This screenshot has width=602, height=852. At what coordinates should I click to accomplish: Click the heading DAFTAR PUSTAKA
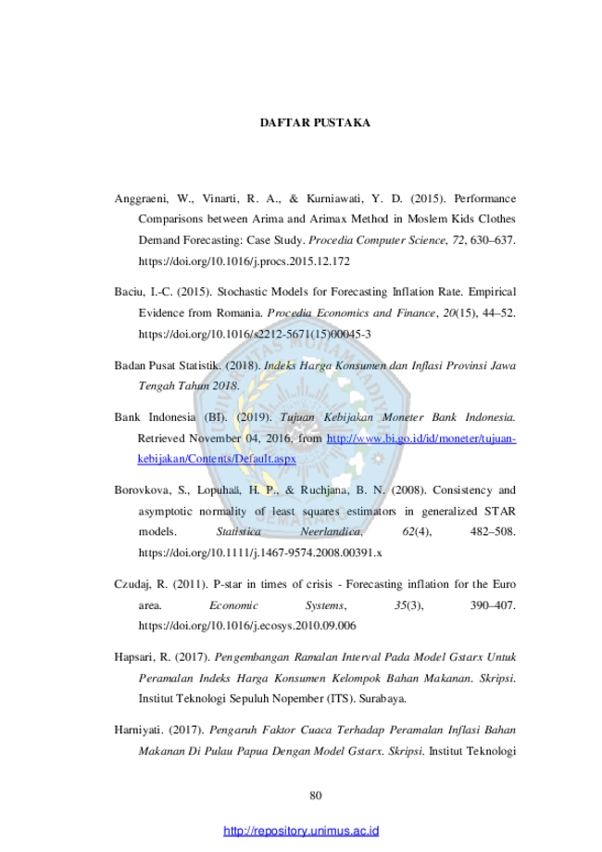click(315, 122)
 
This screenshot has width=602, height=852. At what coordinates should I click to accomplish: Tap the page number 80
click(316, 795)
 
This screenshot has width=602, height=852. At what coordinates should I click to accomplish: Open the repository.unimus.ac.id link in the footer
click(301, 831)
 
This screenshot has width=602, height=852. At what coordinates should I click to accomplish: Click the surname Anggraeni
click(140, 199)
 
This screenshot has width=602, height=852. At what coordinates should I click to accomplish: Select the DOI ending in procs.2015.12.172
click(244, 261)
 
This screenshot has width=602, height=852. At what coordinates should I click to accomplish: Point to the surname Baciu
click(129, 292)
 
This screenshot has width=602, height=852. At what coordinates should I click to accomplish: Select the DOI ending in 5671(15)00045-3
click(255, 334)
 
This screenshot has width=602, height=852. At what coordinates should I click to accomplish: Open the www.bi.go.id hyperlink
click(421, 439)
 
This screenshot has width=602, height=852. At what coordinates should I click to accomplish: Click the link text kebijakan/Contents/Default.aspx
click(217, 459)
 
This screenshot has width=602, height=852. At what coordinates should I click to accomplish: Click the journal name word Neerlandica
click(332, 531)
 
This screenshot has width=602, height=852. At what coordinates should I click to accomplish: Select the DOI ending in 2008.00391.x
click(260, 553)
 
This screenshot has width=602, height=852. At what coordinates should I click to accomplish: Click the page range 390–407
click(493, 605)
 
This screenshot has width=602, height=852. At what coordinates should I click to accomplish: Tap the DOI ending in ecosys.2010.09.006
click(247, 626)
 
